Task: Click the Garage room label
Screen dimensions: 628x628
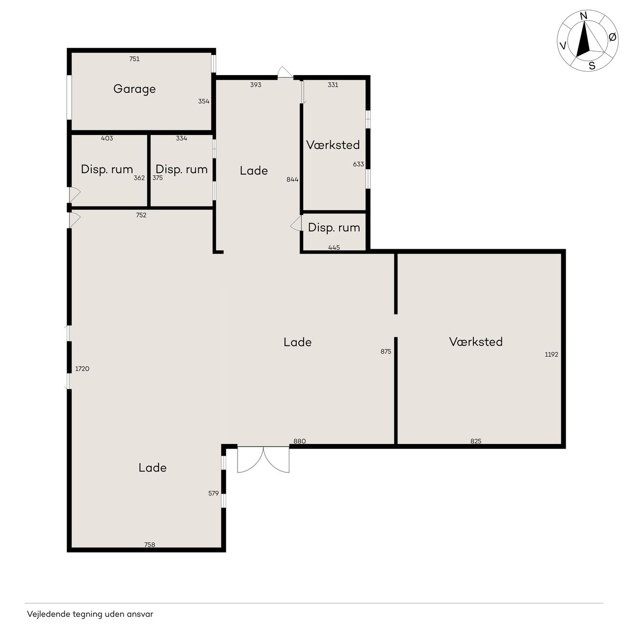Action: point(134,89)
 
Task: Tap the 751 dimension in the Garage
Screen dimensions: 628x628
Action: point(134,59)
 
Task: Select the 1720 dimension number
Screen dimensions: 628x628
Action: point(82,368)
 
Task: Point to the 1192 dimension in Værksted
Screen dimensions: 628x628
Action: point(551,354)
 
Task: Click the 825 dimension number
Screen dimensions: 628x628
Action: point(476,441)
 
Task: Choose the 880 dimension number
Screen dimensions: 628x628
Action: point(299,441)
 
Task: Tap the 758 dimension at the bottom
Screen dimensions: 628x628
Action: point(150,545)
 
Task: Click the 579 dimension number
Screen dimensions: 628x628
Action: point(213,494)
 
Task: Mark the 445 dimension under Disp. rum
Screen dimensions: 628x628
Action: point(334,248)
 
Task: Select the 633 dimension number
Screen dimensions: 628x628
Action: point(358,164)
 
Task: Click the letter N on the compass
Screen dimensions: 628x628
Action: point(584,16)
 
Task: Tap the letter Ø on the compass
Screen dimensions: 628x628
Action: point(612,37)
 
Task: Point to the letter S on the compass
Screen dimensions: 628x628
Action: point(592,66)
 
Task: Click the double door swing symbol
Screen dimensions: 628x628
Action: point(263,460)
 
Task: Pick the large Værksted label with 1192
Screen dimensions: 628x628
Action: point(475,342)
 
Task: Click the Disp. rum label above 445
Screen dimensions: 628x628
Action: point(334,228)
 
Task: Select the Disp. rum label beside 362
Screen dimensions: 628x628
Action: point(107,169)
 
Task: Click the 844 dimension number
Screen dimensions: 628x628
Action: point(292,180)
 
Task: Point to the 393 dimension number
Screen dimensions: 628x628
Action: point(256,85)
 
